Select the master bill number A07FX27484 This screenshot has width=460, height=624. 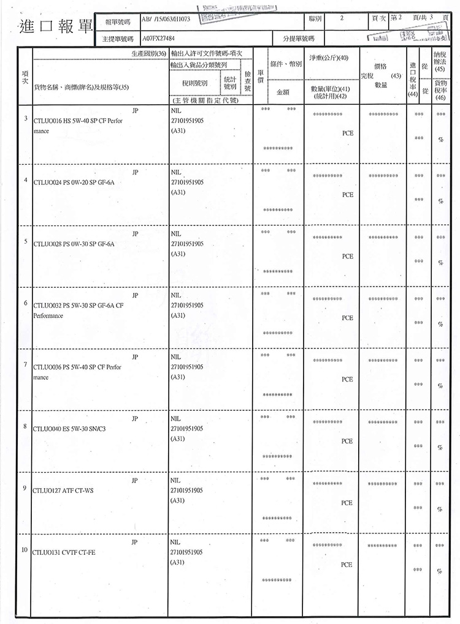point(158,38)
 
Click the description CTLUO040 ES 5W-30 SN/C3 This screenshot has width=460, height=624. point(72,428)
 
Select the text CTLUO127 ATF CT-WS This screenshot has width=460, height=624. point(64,490)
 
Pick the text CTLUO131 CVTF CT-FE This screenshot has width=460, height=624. point(65,552)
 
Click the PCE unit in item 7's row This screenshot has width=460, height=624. point(347,380)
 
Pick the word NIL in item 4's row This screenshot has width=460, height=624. point(176,172)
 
